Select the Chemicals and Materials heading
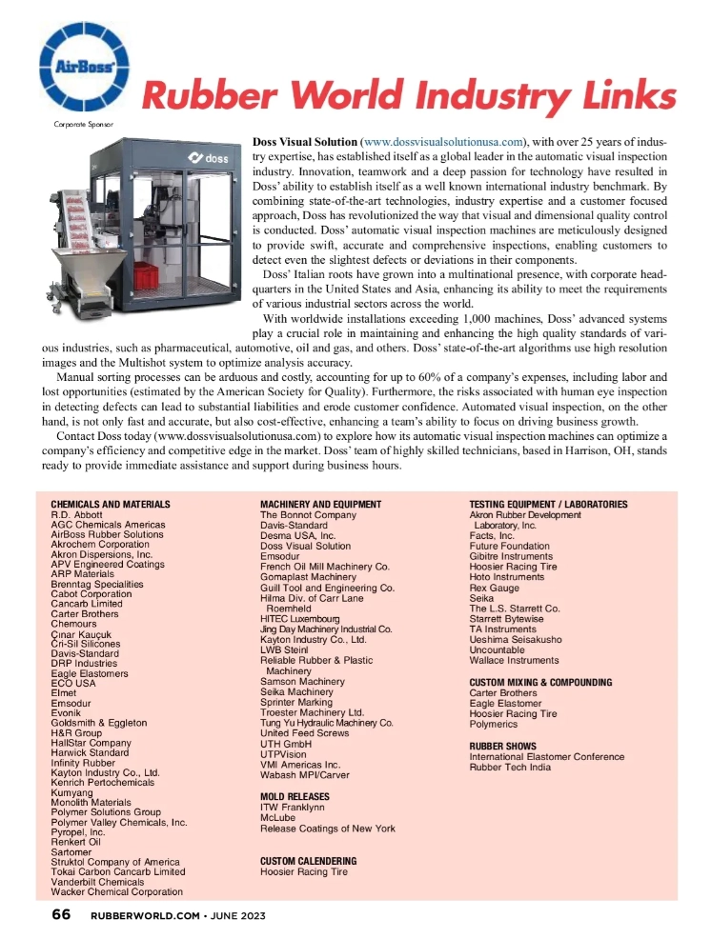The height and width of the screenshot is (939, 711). tap(110, 504)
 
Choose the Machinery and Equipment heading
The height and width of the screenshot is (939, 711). tap(320, 504)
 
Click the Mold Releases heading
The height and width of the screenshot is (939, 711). tap(295, 794)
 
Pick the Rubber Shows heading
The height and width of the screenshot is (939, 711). tap(502, 746)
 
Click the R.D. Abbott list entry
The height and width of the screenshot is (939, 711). tap(75, 514)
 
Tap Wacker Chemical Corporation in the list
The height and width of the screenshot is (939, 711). tap(116, 891)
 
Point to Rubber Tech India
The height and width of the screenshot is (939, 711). tap(510, 768)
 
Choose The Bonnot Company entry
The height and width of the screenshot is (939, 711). tap(308, 514)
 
